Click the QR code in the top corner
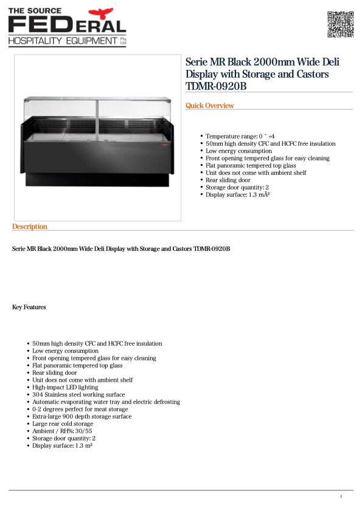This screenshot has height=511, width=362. tap(341, 24)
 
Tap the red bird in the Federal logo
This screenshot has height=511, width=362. tap(101, 13)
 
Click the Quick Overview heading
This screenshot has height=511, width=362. tap(210, 106)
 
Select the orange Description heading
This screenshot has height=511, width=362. tap(30, 227)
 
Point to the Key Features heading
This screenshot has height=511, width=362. tap(29, 307)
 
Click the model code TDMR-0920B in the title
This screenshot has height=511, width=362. tap(216, 86)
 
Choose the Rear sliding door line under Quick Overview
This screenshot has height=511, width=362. tap(228, 180)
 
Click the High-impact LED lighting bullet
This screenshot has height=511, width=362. tap(65, 387)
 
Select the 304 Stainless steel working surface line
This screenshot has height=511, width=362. tap(78, 394)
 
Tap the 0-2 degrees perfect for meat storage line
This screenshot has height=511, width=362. tap(80, 410)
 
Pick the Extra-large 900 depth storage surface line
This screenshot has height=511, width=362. tap(82, 417)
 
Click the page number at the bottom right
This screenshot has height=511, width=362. tap(341, 497)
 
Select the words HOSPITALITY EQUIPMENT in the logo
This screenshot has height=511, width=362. tap(62, 41)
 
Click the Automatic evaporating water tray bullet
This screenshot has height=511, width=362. tap(106, 402)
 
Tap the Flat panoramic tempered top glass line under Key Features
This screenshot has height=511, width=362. tap(77, 366)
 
